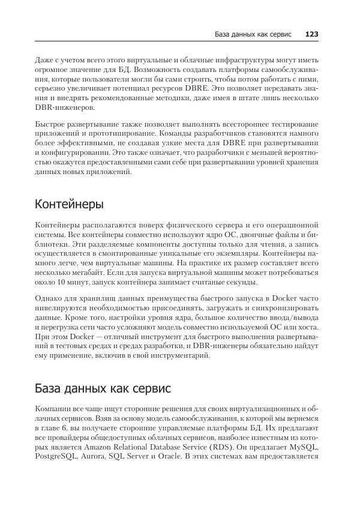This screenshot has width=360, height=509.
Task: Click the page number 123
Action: point(311,34)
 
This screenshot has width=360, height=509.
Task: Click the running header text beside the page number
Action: point(253,34)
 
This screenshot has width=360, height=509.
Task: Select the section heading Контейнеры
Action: point(69,204)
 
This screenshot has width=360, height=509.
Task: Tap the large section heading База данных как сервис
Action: point(103,388)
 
